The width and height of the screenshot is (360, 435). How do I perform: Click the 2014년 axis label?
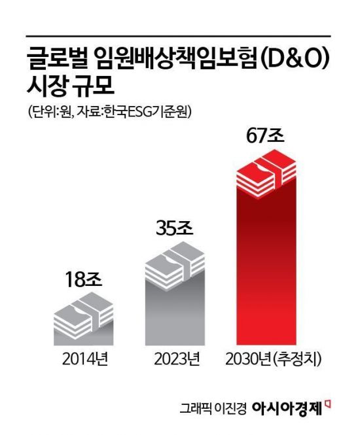coord(82,359)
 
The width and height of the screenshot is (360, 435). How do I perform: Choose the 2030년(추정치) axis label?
coord(274,359)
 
